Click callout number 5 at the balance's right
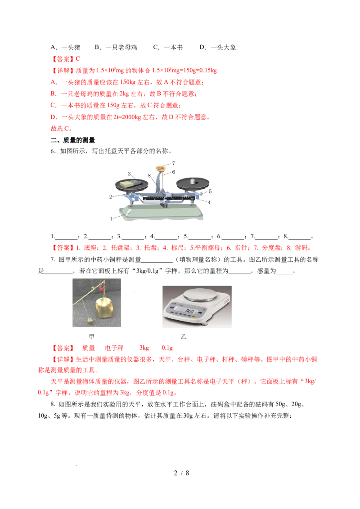[210, 191]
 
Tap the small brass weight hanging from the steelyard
[90, 320]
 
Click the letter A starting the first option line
[53, 83]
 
